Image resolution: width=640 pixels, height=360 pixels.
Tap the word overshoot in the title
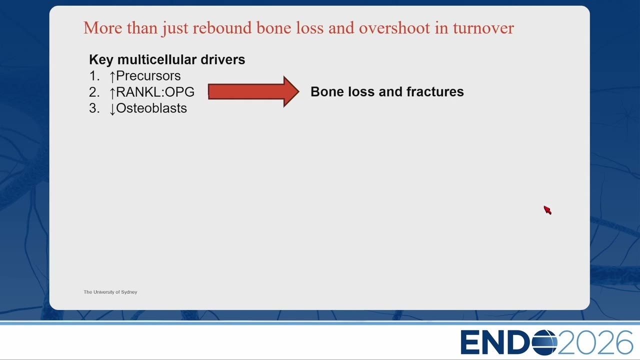tap(394, 28)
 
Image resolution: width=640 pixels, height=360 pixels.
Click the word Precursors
tap(148, 75)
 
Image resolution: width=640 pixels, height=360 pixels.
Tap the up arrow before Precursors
tap(112, 76)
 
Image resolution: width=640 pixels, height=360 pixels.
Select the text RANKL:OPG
tap(155, 92)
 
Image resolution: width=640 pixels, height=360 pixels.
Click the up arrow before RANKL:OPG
tap(112, 93)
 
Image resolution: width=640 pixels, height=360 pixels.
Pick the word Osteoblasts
tap(151, 108)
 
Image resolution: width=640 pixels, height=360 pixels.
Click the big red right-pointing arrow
tap(253, 91)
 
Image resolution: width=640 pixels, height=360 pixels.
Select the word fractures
tap(435, 91)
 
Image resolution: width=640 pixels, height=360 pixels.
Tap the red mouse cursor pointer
tap(547, 210)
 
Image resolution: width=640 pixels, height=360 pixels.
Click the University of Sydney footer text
tap(110, 292)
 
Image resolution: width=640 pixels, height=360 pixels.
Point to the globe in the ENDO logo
tap(544, 342)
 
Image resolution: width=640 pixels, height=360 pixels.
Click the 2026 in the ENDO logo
tap(595, 342)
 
